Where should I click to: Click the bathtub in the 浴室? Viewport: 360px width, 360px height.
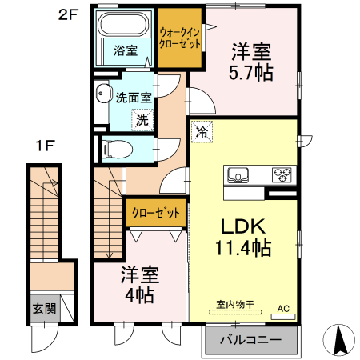123,24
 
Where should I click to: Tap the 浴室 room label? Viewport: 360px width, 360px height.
126,50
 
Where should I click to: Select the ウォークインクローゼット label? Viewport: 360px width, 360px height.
180,38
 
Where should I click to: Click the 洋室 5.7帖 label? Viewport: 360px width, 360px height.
251,62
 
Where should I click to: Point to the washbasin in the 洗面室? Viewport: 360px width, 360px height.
103,94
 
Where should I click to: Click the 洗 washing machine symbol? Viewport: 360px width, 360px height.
142,120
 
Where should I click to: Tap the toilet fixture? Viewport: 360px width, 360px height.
118,149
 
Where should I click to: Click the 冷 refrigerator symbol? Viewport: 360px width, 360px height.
202,132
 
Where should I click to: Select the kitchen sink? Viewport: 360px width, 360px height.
238,175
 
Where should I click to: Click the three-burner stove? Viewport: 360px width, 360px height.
282,174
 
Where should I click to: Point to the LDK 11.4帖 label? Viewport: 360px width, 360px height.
243,237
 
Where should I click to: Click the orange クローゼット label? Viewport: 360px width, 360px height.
156,213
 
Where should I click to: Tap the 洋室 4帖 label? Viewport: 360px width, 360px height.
140,285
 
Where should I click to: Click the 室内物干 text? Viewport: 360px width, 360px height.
235,305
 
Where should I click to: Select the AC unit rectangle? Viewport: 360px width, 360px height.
283,317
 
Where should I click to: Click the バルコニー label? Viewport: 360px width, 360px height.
250,340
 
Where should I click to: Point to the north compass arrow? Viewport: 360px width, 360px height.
339,340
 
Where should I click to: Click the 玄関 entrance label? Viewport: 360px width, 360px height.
44,309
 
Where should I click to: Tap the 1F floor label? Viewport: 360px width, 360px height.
45,146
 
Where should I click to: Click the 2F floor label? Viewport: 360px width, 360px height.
68,15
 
